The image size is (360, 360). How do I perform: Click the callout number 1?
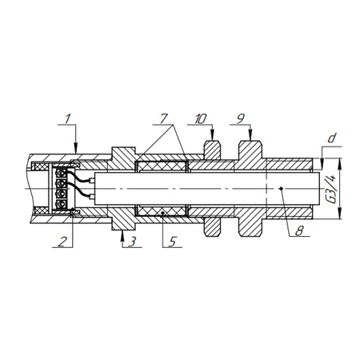click(x=67, y=119)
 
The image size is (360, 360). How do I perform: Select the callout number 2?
click(x=62, y=242)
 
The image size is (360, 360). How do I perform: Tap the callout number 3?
click(x=133, y=242)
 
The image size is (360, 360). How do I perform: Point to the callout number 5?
click(x=172, y=242)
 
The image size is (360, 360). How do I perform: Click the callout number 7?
click(x=163, y=118)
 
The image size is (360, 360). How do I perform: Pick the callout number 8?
click(x=299, y=230)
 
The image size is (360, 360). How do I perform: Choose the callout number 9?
click(x=241, y=118)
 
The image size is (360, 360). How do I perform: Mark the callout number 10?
click(x=201, y=119)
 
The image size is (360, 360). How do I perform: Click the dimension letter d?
click(x=331, y=138)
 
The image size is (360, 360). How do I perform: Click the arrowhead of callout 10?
click(x=212, y=135)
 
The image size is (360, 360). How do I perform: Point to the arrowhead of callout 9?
click(x=250, y=135)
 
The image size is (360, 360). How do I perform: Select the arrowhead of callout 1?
click(x=76, y=149)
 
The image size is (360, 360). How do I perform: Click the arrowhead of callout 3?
click(x=122, y=234)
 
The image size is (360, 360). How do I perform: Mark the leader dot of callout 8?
click(x=281, y=189)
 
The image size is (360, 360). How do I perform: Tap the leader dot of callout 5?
click(x=162, y=213)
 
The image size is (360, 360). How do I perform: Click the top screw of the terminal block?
click(x=62, y=174)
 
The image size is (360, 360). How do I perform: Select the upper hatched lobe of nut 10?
click(x=212, y=150)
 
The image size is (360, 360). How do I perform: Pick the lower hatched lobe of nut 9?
click(x=250, y=226)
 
